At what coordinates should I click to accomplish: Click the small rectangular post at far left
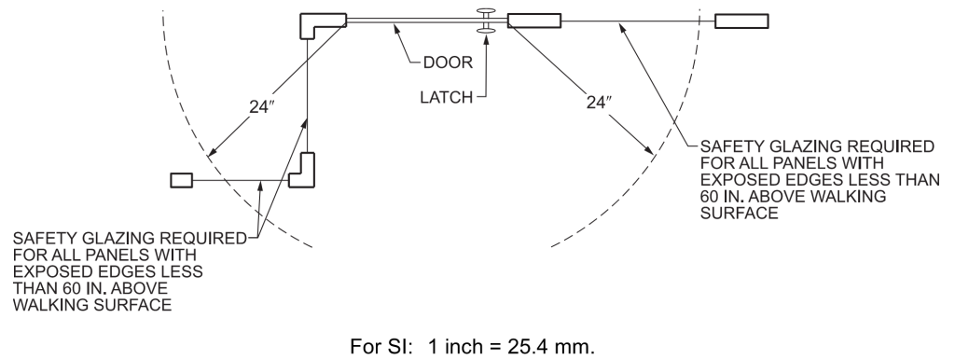pos(180,180)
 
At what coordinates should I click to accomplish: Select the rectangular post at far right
pos(741,21)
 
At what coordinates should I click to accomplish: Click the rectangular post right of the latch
pos(533,21)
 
